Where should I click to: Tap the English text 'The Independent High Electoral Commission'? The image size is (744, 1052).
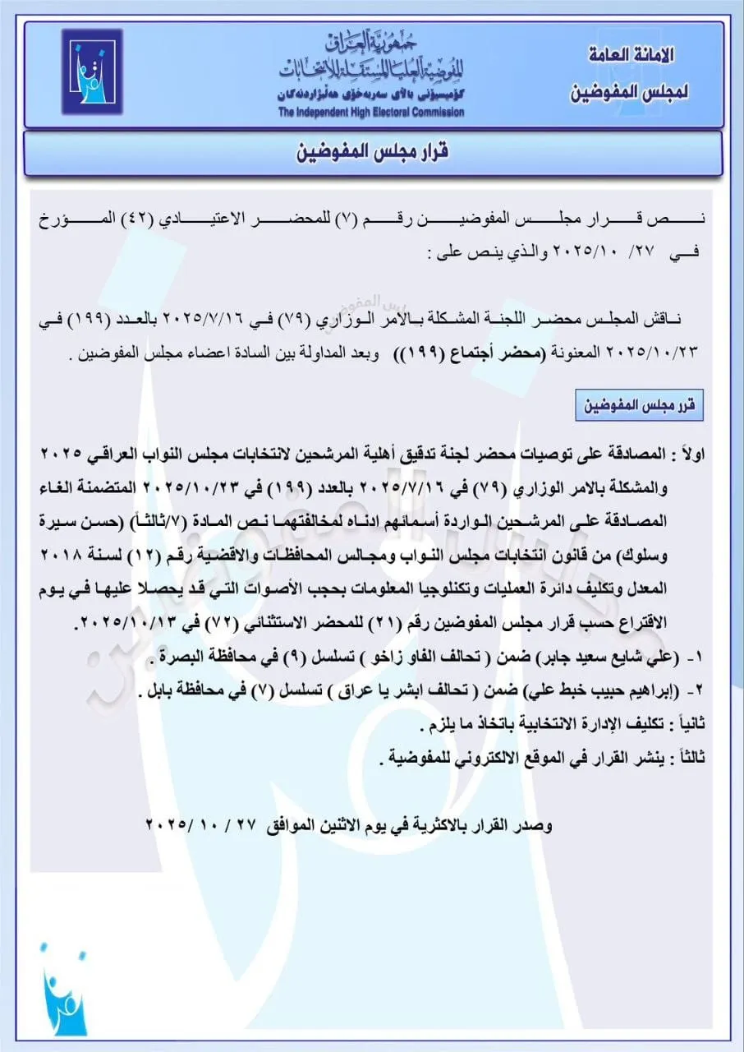coord(370,113)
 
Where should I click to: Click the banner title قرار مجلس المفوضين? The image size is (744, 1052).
coord(372,154)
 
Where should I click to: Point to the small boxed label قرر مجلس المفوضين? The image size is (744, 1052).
coord(639,406)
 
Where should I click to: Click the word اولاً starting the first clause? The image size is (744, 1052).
coord(688,455)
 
